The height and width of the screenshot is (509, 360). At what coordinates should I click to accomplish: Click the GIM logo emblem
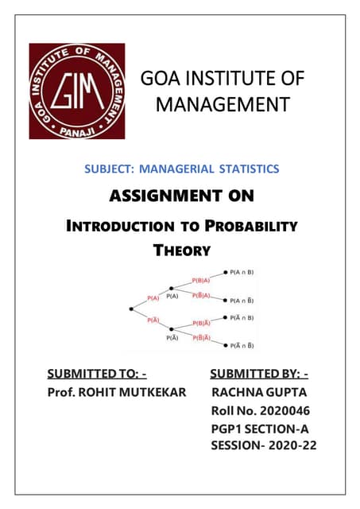77,91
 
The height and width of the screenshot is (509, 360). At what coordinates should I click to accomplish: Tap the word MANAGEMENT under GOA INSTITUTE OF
210,104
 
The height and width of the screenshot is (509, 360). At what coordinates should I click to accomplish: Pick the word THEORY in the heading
181,251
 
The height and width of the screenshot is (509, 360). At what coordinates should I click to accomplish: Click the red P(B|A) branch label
202,280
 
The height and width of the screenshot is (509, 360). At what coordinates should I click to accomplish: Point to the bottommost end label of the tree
242,345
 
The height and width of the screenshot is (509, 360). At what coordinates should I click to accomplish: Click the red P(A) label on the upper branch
153,298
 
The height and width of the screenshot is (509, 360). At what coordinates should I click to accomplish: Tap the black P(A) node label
173,296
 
